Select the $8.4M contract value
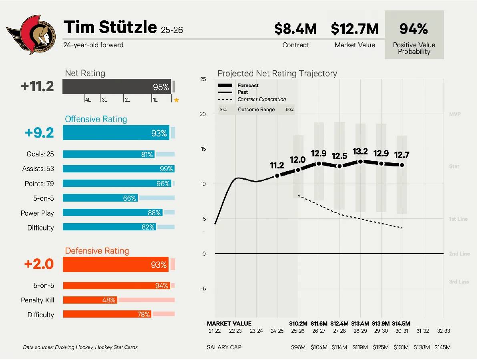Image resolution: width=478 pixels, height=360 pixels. (x=295, y=29)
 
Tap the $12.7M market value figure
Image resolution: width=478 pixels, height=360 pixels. (x=355, y=29)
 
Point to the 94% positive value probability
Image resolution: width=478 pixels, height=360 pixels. (x=414, y=29)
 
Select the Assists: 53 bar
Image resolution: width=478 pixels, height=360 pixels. (x=118, y=169)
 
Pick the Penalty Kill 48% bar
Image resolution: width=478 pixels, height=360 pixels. (x=90, y=300)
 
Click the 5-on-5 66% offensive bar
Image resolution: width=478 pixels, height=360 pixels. (x=100, y=198)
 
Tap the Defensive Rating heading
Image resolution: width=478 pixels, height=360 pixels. (x=97, y=251)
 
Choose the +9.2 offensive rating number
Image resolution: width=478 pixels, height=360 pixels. (x=39, y=133)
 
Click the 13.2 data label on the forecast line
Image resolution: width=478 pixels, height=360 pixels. (x=360, y=152)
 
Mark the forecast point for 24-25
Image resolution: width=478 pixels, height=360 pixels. (x=277, y=176)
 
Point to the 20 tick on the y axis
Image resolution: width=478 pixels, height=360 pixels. (x=203, y=114)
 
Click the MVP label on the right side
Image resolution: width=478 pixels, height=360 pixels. (x=455, y=114)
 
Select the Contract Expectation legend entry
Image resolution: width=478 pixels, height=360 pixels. (x=261, y=100)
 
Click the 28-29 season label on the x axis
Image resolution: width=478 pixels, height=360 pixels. (x=360, y=331)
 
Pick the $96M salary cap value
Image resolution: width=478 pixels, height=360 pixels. (x=298, y=347)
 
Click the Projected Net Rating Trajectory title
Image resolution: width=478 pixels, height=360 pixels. (x=277, y=74)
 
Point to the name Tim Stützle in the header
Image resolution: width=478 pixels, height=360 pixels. (x=110, y=27)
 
